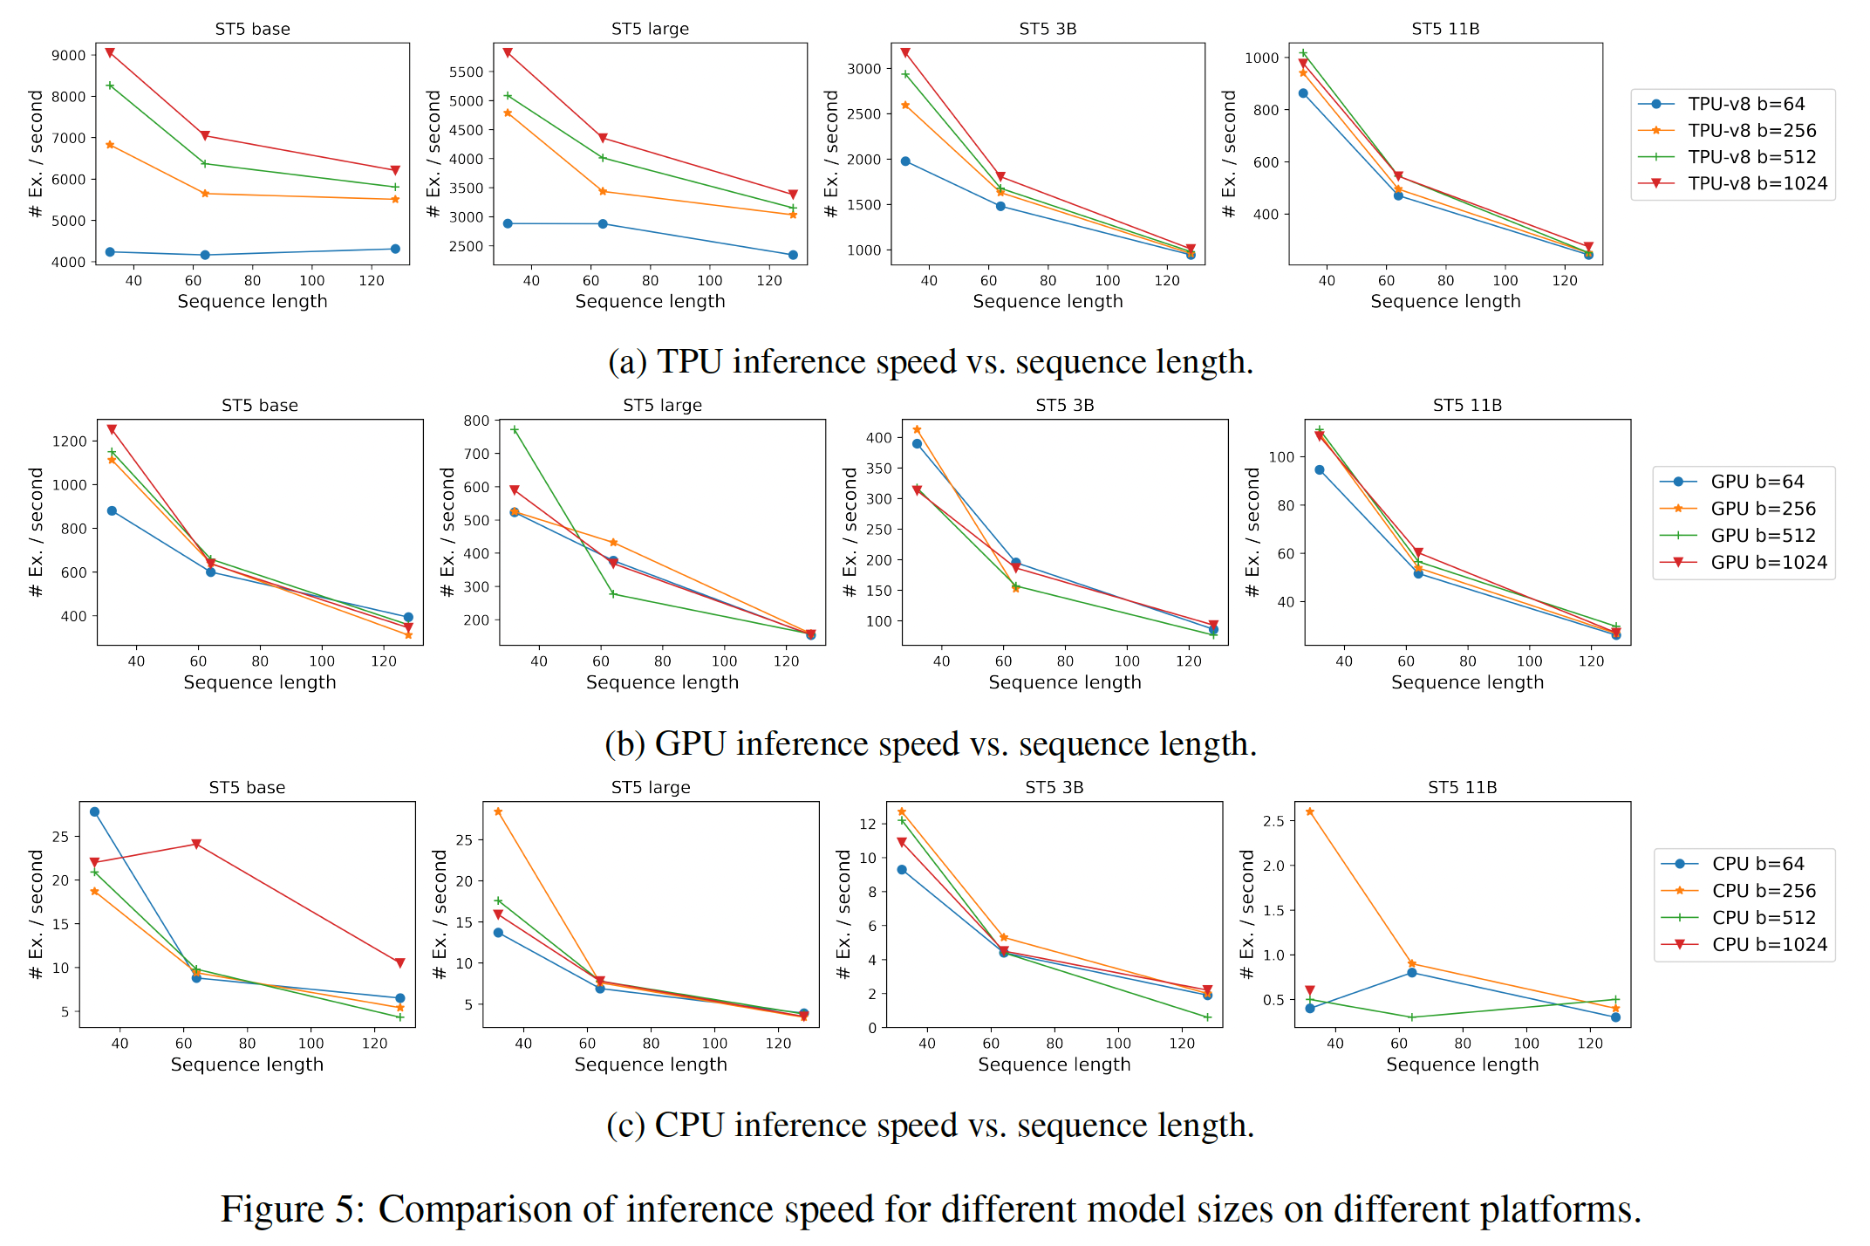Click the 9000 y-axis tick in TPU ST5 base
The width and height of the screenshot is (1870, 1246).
pyautogui.click(x=69, y=55)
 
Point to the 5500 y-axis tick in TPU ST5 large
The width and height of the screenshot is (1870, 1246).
pyautogui.click(x=467, y=72)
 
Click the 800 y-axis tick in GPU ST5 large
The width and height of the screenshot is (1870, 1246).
pyautogui.click(x=476, y=421)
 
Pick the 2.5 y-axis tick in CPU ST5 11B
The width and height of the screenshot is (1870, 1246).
pyautogui.click(x=1273, y=821)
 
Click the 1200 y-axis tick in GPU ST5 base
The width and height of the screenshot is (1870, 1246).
pyautogui.click(x=70, y=442)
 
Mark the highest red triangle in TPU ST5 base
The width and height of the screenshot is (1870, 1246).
pyautogui.click(x=110, y=53)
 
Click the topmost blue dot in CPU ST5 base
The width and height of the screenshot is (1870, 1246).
pyautogui.click(x=95, y=812)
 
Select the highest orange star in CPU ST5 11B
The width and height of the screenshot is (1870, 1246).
pyautogui.click(x=1310, y=812)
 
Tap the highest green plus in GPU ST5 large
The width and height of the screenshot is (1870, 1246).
pyautogui.click(x=515, y=430)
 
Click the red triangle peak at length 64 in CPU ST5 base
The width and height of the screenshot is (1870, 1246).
pyautogui.click(x=196, y=845)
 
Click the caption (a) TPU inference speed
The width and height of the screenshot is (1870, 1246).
pyautogui.click(x=930, y=362)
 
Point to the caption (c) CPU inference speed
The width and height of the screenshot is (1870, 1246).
pyautogui.click(x=930, y=1126)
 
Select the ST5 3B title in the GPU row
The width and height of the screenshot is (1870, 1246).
pyautogui.click(x=1064, y=406)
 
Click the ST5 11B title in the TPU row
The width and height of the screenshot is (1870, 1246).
pyautogui.click(x=1445, y=29)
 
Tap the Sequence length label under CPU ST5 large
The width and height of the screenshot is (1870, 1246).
pyautogui.click(x=651, y=1065)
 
